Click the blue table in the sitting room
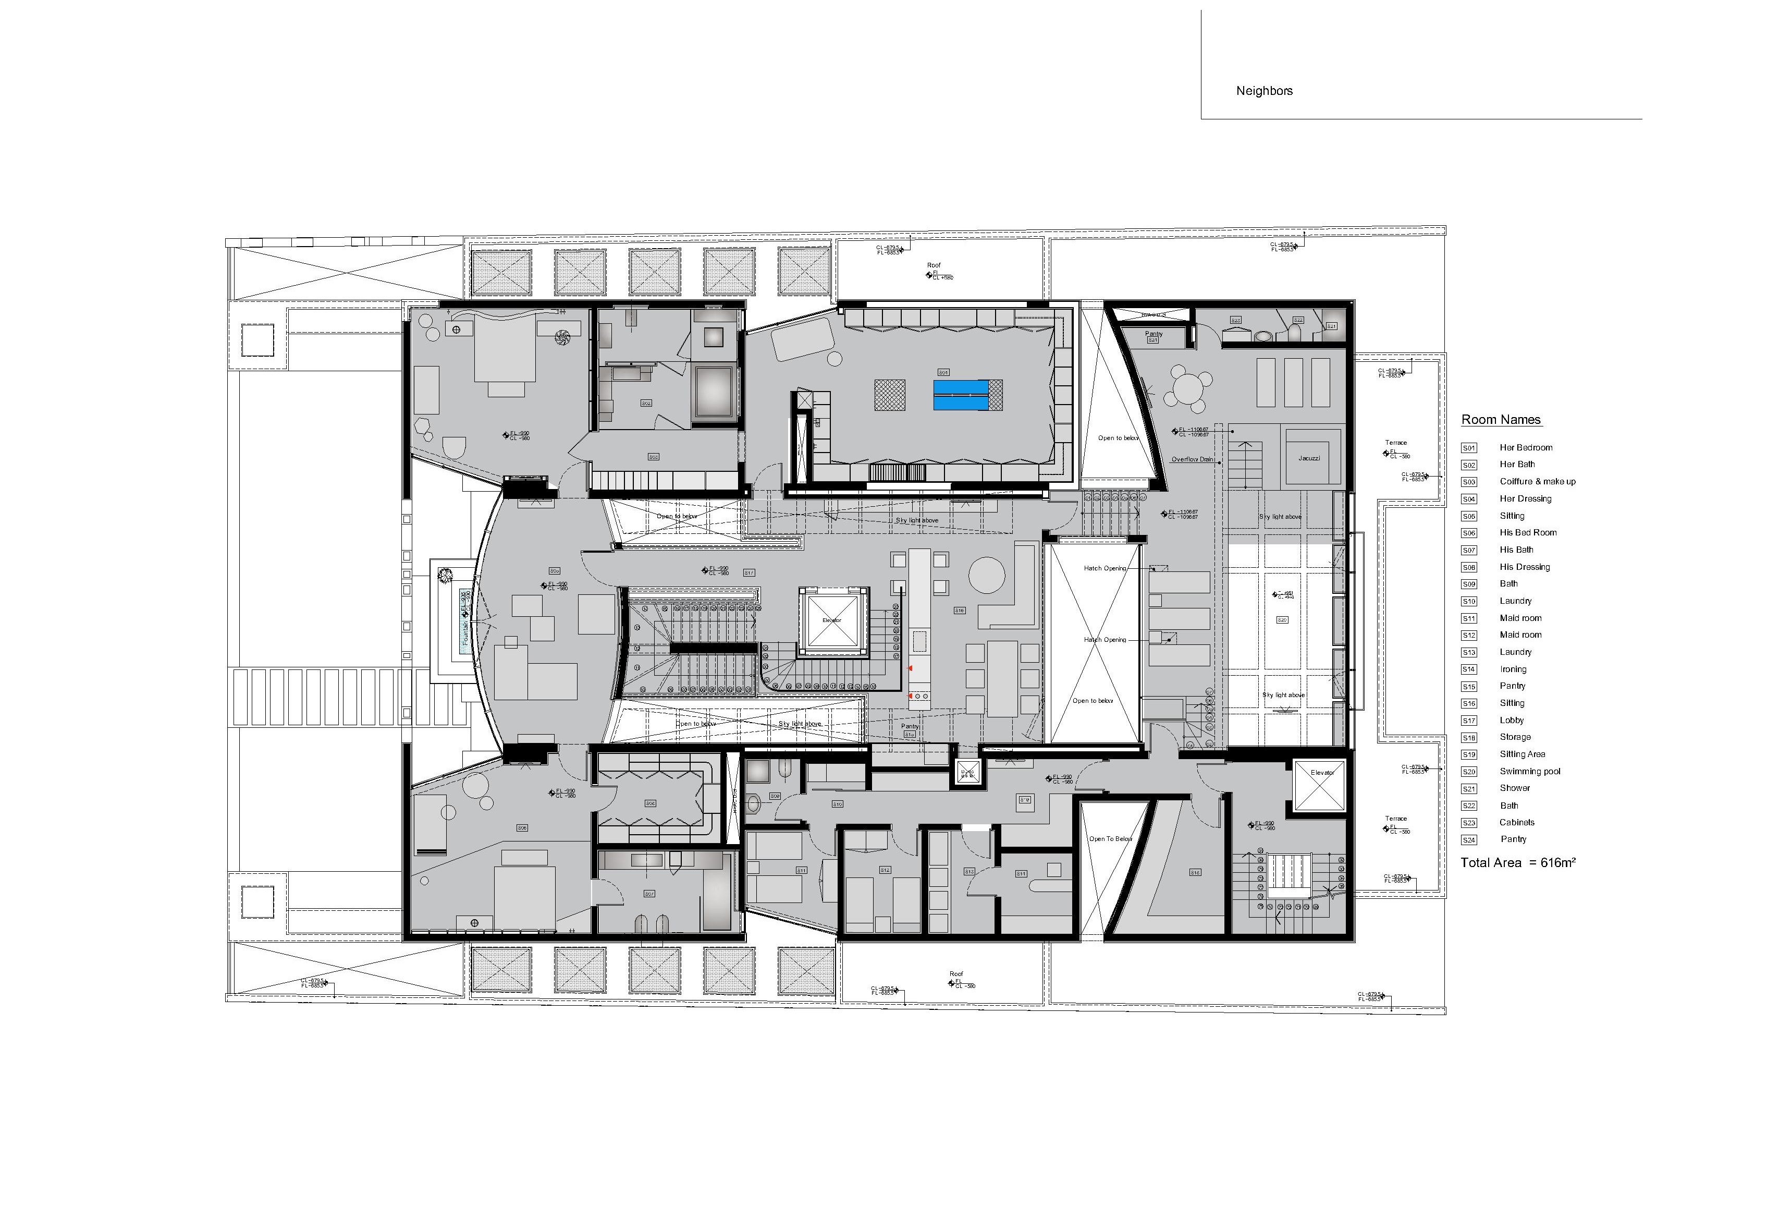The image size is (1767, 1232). pyautogui.click(x=961, y=395)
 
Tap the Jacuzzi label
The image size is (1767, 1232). pyautogui.click(x=1308, y=458)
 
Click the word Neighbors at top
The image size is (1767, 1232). pyautogui.click(x=1263, y=91)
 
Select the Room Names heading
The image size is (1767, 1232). pyautogui.click(x=1501, y=420)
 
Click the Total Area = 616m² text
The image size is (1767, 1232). pyautogui.click(x=1518, y=862)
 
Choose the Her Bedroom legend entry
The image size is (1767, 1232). pyautogui.click(x=1525, y=447)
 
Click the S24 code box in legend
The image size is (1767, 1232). pyautogui.click(x=1468, y=840)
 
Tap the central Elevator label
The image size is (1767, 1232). pyautogui.click(x=831, y=620)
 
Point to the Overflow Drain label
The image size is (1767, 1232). pyautogui.click(x=1192, y=460)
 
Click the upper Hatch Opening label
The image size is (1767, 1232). pyautogui.click(x=1105, y=568)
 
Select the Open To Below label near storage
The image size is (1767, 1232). pyautogui.click(x=1110, y=838)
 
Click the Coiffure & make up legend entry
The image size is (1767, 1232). pyautogui.click(x=1537, y=481)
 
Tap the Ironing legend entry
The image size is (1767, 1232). pyautogui.click(x=1512, y=669)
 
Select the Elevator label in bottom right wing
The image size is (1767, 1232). pyautogui.click(x=1321, y=772)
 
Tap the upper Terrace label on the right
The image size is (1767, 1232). pyautogui.click(x=1395, y=443)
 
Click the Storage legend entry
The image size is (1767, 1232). pyautogui.click(x=1515, y=737)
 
